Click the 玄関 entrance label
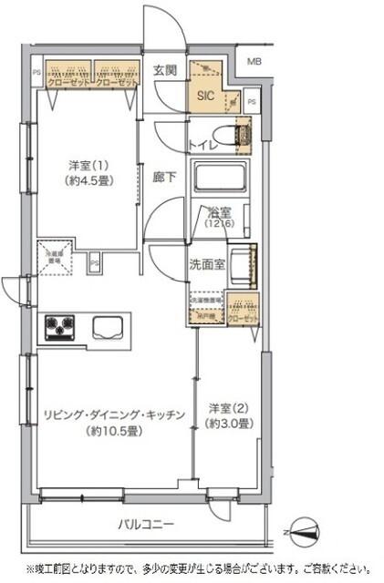164,69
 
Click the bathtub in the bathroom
220,176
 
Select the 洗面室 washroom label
205,266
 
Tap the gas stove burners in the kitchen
61,326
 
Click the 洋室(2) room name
228,409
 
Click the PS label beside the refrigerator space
95,265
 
